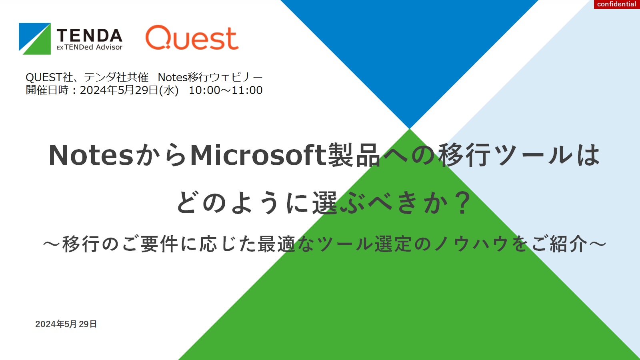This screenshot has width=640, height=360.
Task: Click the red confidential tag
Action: pos(617,4)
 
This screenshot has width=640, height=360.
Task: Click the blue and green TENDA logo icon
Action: pos(35,38)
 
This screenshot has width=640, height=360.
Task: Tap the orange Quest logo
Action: pos(192,38)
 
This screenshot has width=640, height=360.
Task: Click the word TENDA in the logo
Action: pos(90,36)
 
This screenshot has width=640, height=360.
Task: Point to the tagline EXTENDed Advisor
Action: pos(90,47)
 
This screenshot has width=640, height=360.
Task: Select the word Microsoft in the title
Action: pos(258,155)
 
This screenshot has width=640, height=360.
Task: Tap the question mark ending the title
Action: pos(463,202)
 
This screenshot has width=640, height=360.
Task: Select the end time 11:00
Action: pos(247,90)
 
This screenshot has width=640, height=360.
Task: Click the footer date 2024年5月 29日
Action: pos(66,324)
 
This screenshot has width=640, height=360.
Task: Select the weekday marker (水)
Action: pos(169,90)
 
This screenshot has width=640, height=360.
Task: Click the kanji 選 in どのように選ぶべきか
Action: pos(325,202)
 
